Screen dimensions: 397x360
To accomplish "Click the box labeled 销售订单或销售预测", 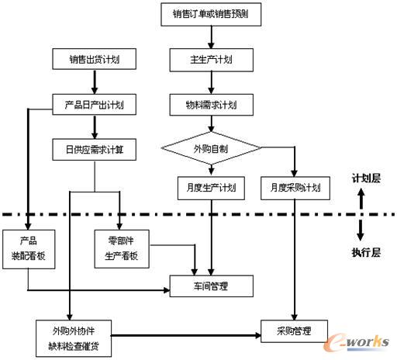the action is coord(211,15).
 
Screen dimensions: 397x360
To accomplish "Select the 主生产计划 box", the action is coord(212,60).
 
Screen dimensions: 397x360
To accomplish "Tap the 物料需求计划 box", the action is coord(212,105).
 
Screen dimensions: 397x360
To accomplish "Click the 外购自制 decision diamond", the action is coord(211,148).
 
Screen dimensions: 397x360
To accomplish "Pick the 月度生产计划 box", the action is coord(211,188).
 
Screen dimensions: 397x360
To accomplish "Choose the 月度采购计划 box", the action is coord(295,188).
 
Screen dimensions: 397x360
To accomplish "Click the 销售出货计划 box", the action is coord(95,59).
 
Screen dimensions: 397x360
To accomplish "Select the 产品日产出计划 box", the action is coord(95,105).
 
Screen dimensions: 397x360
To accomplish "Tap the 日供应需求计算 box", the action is coord(95,150).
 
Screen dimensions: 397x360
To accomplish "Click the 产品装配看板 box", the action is coord(29,249).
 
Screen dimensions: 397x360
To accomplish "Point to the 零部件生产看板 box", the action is coord(122,249).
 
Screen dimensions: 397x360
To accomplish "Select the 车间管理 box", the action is coord(212,286).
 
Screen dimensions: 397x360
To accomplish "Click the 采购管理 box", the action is coord(294,331).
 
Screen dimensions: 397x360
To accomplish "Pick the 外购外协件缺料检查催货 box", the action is coord(74,338).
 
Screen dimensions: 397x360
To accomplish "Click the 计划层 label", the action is coord(366,178).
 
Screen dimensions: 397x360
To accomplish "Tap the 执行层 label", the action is coord(366,252).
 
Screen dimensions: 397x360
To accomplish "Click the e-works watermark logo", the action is coord(356,342).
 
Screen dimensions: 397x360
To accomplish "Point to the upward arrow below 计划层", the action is coord(361,199).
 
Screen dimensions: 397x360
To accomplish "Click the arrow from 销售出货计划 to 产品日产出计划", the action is coord(95,81).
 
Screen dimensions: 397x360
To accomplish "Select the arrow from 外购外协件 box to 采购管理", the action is coord(186,336).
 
